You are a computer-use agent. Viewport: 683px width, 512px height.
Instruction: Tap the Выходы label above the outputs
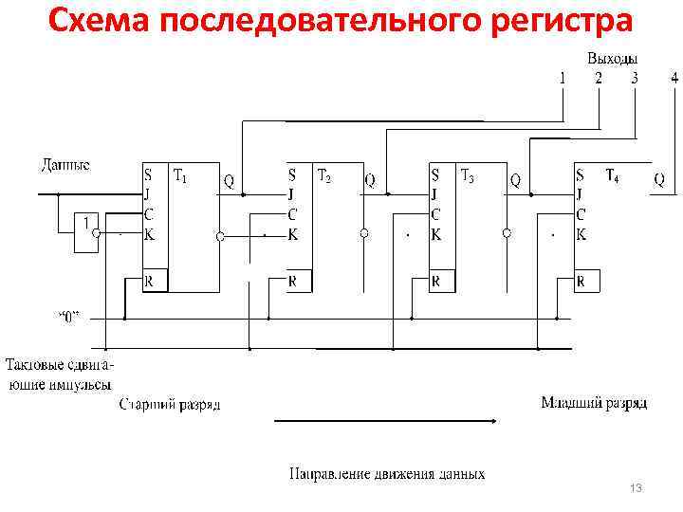coord(612,59)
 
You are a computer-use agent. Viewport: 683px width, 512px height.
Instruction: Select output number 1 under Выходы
coord(562,79)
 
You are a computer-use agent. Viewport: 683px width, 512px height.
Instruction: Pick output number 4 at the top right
coord(674,79)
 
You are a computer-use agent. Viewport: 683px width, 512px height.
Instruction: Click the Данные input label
coord(65,165)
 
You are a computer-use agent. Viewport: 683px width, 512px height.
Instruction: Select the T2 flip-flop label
coord(324,175)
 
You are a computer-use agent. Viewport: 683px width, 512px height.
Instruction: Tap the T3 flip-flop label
coord(468,175)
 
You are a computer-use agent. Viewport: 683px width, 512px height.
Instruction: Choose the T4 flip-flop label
coord(612,175)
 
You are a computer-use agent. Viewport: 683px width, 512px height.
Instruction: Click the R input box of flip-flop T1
coord(155,282)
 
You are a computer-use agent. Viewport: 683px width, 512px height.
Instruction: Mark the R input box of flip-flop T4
coord(586,282)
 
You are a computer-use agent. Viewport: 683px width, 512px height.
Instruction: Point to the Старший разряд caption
coord(170,405)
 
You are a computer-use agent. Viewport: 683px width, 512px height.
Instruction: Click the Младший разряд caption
coord(594,403)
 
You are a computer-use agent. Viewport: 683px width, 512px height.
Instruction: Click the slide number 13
coord(636,487)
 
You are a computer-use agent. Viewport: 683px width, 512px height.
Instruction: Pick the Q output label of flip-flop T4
coord(659,178)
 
